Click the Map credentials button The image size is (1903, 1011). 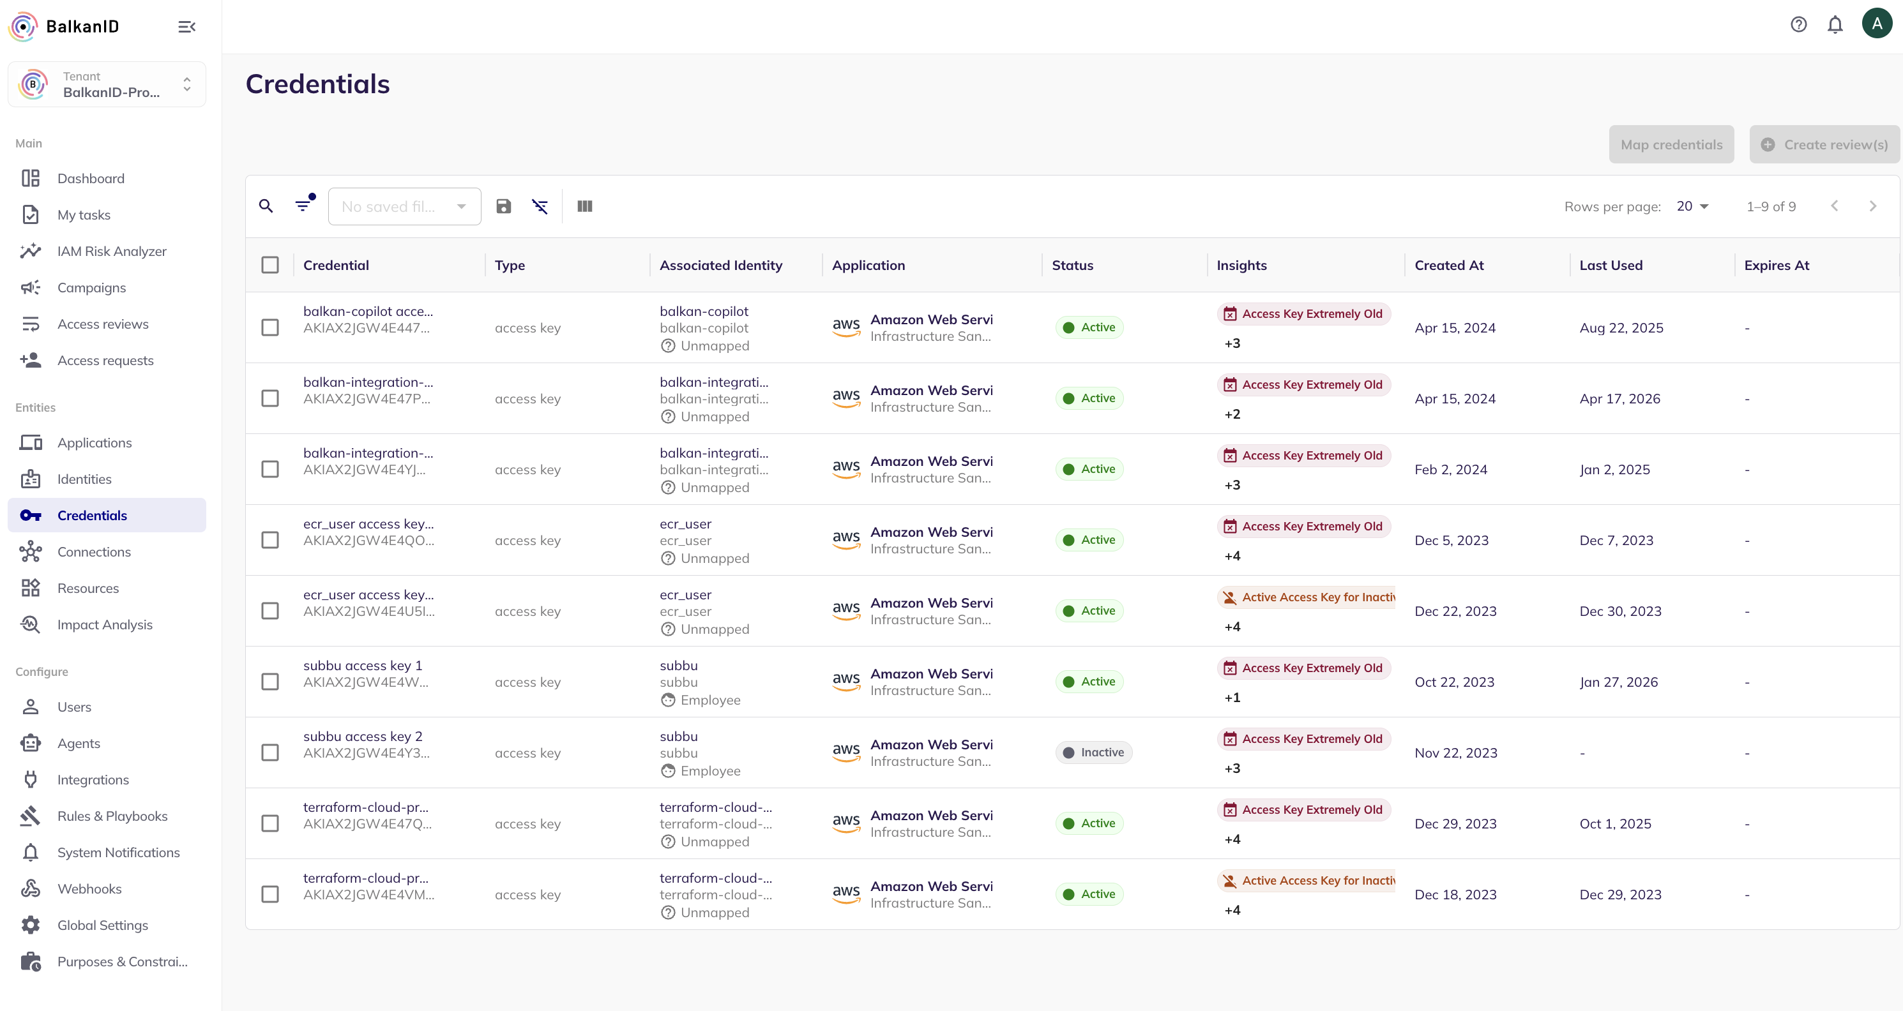1671,145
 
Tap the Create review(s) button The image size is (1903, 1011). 1824,145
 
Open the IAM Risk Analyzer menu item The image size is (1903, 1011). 112,251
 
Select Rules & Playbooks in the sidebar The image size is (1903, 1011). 112,816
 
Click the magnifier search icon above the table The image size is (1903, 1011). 266,206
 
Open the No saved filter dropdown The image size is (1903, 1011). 404,207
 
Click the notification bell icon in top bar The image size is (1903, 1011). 1835,24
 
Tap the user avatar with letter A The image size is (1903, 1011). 1876,24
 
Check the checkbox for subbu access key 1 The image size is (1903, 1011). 270,682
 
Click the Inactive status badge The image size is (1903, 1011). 1093,753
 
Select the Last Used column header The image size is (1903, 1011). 1611,265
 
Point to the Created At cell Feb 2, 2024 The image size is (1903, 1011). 1451,470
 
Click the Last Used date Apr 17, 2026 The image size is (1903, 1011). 1619,399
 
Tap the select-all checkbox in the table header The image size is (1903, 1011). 270,265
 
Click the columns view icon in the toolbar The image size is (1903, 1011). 584,206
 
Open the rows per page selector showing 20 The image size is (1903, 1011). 1692,207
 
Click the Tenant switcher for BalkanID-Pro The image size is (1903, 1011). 107,84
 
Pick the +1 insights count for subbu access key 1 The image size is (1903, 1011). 1232,698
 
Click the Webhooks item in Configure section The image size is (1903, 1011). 89,889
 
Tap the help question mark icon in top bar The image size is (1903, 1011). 1799,24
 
